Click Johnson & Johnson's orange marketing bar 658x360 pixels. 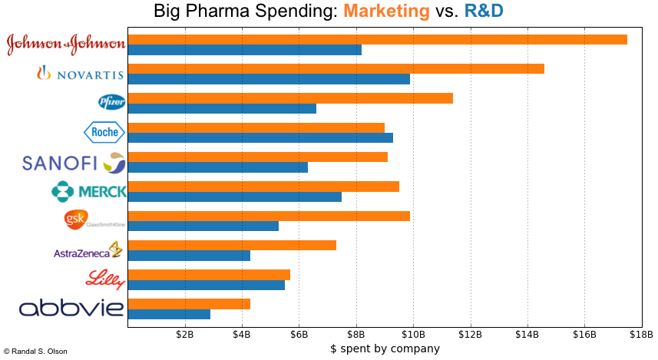click(x=377, y=39)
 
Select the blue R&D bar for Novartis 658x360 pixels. click(x=269, y=79)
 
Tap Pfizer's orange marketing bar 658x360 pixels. click(x=290, y=97)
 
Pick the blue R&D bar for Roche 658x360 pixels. click(x=260, y=137)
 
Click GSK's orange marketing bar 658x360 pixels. click(x=269, y=216)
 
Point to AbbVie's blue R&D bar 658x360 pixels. click(x=169, y=314)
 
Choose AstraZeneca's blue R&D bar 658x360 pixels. click(x=189, y=256)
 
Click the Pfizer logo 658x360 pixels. click(x=111, y=102)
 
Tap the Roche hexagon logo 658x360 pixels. click(x=104, y=132)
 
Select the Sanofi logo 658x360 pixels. click(x=74, y=162)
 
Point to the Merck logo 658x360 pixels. click(x=88, y=191)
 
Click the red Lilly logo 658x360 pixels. click(x=105, y=279)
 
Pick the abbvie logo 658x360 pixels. click(x=71, y=309)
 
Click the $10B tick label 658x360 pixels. click(x=413, y=335)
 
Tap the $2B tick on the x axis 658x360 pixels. click(x=185, y=335)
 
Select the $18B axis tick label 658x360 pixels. click(x=641, y=335)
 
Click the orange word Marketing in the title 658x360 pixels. click(x=386, y=11)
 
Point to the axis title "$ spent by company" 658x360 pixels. click(x=385, y=348)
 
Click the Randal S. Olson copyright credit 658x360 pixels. click(x=35, y=352)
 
